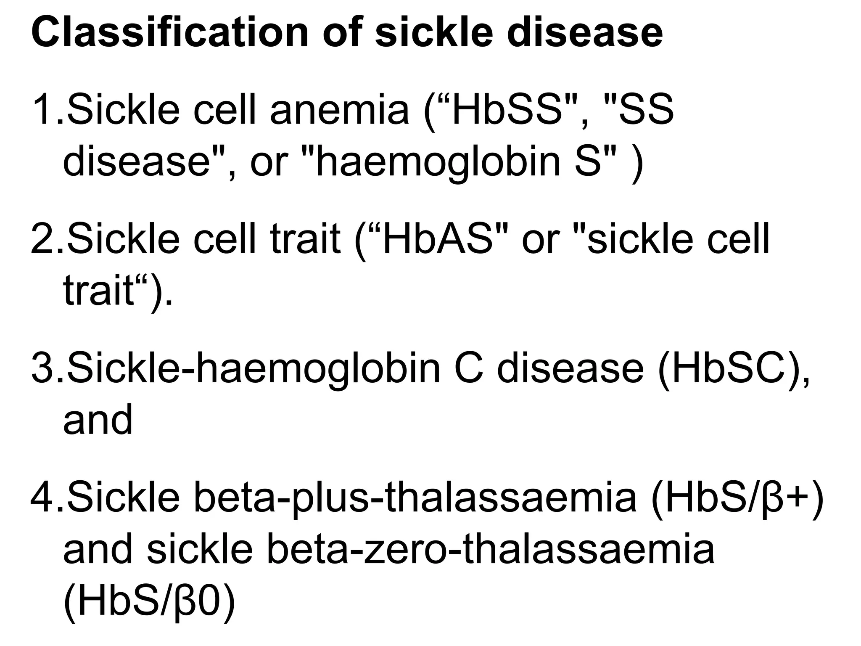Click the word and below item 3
click(x=98, y=419)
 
